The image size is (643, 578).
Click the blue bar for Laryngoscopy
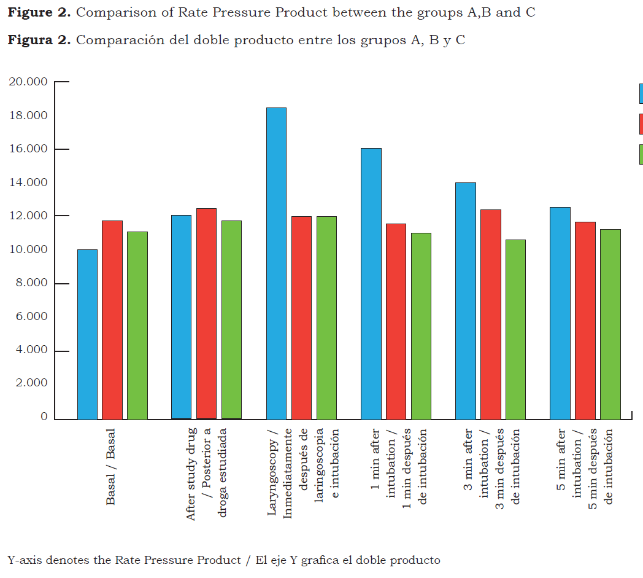(x=276, y=264)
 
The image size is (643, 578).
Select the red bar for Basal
(x=112, y=320)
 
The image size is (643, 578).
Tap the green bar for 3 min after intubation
(x=515, y=329)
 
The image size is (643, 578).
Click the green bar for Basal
(x=137, y=326)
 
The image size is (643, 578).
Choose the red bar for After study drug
(x=206, y=314)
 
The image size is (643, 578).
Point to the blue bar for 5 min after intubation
(x=560, y=313)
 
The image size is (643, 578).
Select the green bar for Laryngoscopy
(x=326, y=318)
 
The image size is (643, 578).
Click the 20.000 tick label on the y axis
(x=27, y=82)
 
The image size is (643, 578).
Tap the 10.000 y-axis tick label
(x=27, y=249)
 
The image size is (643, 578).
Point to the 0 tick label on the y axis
(x=44, y=417)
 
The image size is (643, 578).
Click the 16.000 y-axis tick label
(x=27, y=149)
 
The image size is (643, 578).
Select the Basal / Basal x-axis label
(x=110, y=467)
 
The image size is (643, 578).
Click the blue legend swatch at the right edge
(x=641, y=93)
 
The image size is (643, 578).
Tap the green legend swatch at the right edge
(x=641, y=154)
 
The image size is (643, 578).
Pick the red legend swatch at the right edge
(x=641, y=123)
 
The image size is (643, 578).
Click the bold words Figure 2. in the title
(x=39, y=13)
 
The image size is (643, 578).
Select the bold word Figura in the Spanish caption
(x=30, y=41)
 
